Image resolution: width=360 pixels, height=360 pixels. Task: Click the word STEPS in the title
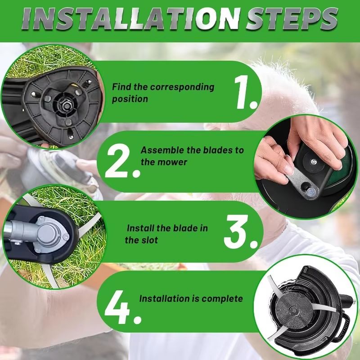pos(290,19)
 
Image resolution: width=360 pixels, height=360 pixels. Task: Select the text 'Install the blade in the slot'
pos(166,234)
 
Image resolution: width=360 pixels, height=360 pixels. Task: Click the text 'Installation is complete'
pos(191,298)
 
